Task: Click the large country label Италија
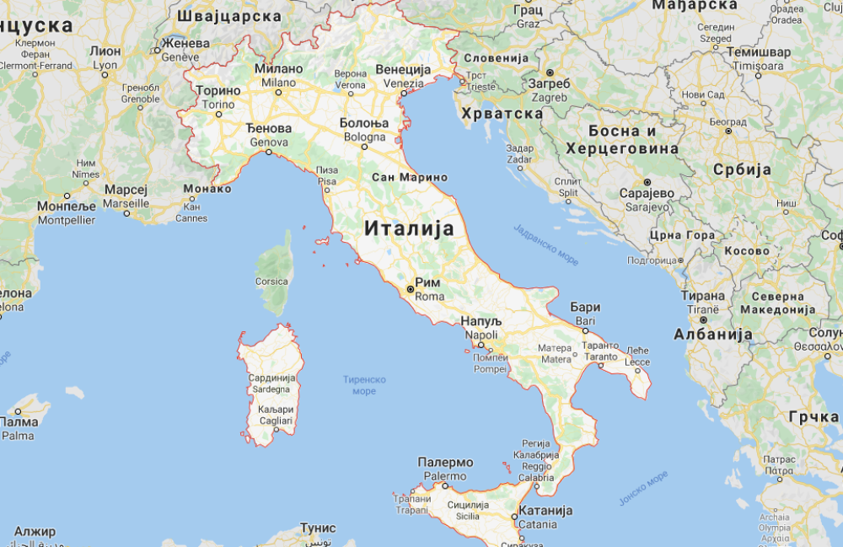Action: pyautogui.click(x=409, y=228)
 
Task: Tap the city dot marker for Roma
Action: pyautogui.click(x=411, y=289)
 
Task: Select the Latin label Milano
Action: pyautogui.click(x=278, y=83)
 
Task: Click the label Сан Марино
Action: pyautogui.click(x=410, y=177)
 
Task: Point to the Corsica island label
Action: pyautogui.click(x=271, y=282)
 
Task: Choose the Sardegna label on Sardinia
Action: pyautogui.click(x=271, y=389)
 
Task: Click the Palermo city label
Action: pyautogui.click(x=444, y=476)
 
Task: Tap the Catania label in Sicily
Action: pyautogui.click(x=538, y=523)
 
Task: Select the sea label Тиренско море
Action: pyautogui.click(x=364, y=385)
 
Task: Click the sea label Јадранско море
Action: pyautogui.click(x=545, y=244)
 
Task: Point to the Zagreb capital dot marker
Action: pyautogui.click(x=550, y=72)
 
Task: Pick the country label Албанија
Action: pyautogui.click(x=713, y=335)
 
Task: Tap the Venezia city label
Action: pyautogui.click(x=403, y=83)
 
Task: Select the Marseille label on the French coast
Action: pyautogui.click(x=126, y=203)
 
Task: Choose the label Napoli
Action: pyautogui.click(x=481, y=335)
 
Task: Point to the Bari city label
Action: pyautogui.click(x=585, y=321)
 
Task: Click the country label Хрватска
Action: pyautogui.click(x=501, y=113)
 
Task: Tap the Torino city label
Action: pyautogui.click(x=218, y=105)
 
